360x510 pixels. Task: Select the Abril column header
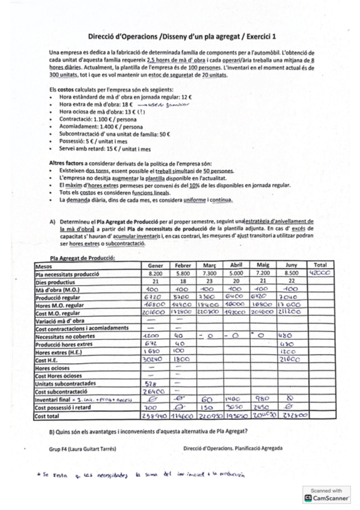pos(236,265)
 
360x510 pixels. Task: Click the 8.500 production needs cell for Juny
pos(291,274)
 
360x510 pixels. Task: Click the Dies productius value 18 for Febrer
pos(182,281)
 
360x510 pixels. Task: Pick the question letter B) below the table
pos(52,433)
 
